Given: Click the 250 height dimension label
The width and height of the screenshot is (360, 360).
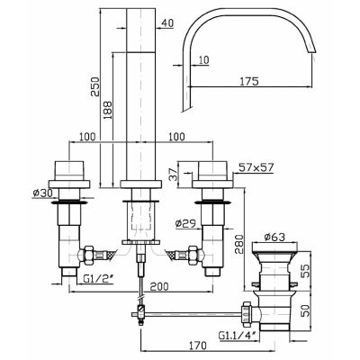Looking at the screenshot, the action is [x=94, y=86].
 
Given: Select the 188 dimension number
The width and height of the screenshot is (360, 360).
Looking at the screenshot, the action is [x=108, y=111].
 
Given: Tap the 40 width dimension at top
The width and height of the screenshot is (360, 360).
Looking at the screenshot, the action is [x=167, y=23].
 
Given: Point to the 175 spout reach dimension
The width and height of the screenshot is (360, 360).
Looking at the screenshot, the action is [x=249, y=81].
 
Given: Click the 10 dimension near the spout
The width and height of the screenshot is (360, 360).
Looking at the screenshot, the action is [x=203, y=60].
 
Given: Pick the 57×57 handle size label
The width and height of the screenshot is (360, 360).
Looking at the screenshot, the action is [x=256, y=167].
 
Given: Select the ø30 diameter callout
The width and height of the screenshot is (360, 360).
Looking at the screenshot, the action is [x=42, y=193].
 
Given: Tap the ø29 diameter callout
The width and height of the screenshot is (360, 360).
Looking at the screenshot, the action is [x=185, y=223].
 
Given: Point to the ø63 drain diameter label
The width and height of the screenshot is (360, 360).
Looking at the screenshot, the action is [x=274, y=237].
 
